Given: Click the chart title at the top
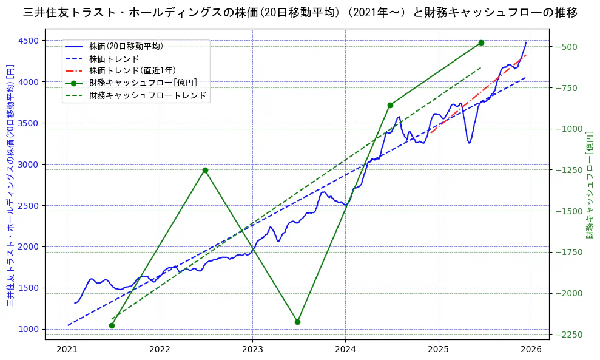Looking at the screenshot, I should (300, 12).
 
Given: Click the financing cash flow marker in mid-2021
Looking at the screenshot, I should (112, 325).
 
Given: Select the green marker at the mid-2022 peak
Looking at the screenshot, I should (205, 170).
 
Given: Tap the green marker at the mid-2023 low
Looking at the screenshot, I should (297, 322).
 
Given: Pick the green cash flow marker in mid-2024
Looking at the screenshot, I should (390, 105).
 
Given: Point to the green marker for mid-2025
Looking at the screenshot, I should (481, 42).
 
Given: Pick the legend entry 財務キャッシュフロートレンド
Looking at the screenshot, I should (148, 95).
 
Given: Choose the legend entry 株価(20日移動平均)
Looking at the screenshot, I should (126, 46).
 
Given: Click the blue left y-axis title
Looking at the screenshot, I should (10, 185).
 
